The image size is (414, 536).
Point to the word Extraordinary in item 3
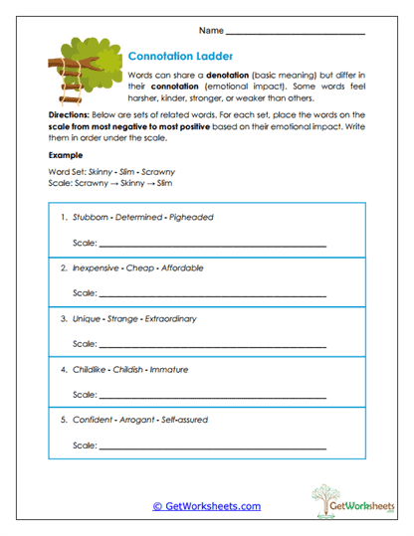click(169, 319)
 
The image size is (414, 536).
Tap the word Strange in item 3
click(120, 319)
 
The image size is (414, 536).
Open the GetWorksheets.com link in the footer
click(206, 506)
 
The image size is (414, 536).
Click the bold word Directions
click(68, 115)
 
